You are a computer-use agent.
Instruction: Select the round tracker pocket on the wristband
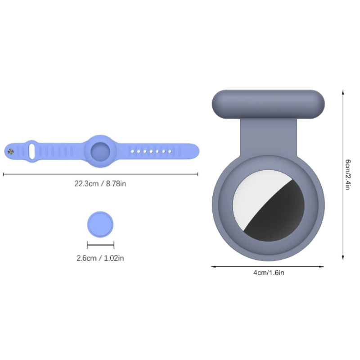point(100,151)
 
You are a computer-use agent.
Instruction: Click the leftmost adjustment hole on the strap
point(132,151)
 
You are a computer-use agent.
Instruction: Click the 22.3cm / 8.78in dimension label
point(100,183)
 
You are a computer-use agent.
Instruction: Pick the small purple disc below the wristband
point(100,225)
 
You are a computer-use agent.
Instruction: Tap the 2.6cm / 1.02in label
point(100,258)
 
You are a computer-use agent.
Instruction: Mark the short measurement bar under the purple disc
point(100,245)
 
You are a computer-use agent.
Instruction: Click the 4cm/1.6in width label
point(269,273)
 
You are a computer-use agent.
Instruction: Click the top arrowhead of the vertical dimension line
point(343,91)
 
